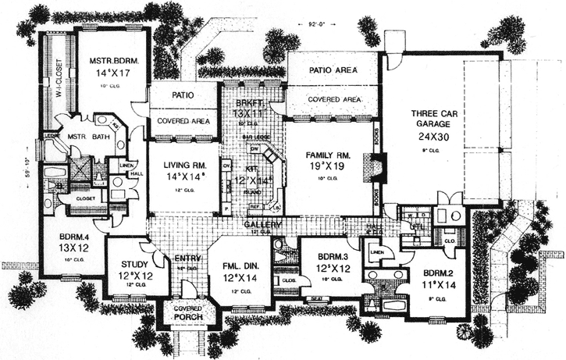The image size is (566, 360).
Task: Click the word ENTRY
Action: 187,258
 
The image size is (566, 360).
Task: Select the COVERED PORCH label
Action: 187,312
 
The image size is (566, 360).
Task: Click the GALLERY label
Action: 258,223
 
